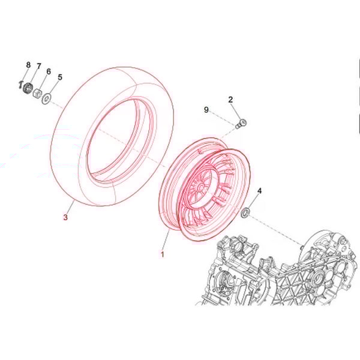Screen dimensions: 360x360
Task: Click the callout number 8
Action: tap(28, 65)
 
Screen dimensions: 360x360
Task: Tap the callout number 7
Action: tap(39, 66)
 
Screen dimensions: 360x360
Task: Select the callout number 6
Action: tap(49, 71)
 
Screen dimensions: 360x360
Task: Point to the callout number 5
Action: tap(60, 77)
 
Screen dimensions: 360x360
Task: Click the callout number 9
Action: tap(206, 110)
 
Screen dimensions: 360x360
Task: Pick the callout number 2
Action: tap(230, 100)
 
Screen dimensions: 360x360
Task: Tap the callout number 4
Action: tap(259, 191)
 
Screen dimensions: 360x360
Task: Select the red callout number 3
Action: tap(65, 217)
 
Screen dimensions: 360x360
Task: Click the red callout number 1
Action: tap(163, 254)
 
